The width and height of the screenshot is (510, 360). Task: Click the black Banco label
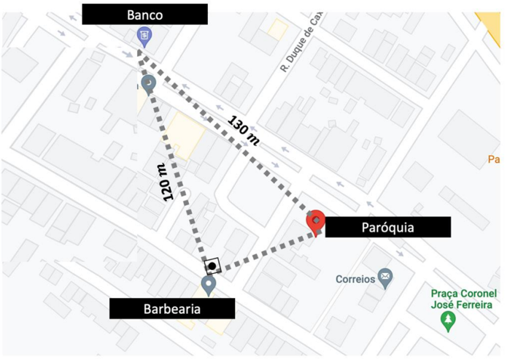144,14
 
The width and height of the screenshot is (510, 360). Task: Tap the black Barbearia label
172,308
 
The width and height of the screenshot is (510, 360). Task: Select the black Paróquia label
387,227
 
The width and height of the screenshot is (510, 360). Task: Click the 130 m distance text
244,131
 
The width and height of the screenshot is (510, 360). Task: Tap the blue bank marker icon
144,35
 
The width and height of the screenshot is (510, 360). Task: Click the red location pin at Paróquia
316,222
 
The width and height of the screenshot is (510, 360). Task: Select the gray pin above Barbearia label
209,284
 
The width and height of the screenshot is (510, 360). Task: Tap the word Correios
355,278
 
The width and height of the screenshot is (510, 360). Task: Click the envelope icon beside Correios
385,277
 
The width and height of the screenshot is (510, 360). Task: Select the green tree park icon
447,320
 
